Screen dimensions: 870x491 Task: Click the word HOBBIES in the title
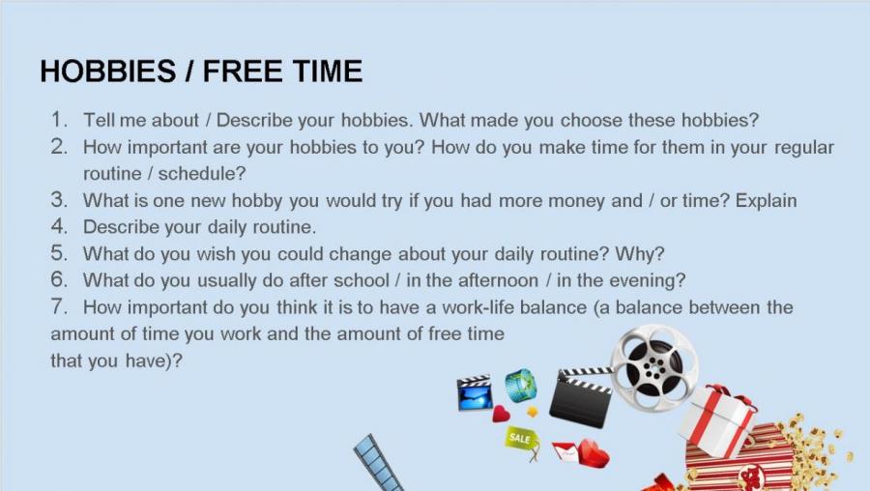tap(108, 72)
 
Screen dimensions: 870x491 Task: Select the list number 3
tap(59, 200)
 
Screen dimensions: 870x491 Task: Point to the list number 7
tap(59, 306)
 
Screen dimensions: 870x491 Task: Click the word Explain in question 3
tap(766, 201)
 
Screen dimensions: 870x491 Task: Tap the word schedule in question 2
tap(197, 174)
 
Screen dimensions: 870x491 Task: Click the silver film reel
tap(653, 368)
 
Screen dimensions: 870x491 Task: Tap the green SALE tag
tap(522, 440)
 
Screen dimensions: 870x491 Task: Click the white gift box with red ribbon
tap(717, 420)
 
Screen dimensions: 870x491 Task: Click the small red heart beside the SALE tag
tap(501, 414)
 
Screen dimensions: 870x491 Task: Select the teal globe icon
tap(520, 385)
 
